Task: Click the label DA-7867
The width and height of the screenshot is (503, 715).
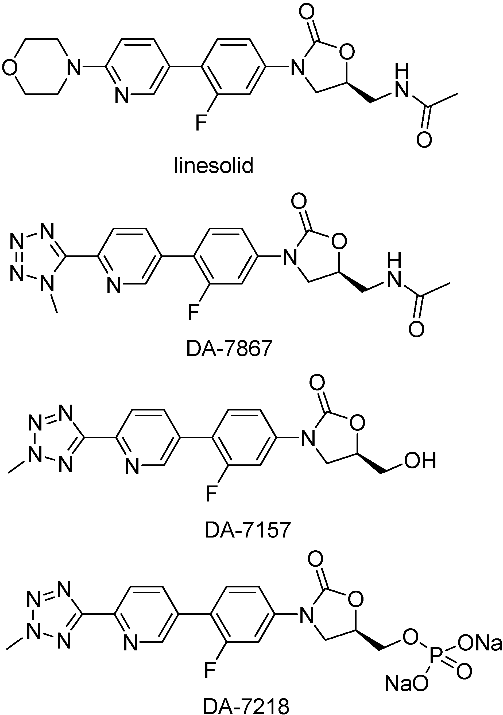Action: pos(230,349)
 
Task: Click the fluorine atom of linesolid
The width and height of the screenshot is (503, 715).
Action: pos(201,123)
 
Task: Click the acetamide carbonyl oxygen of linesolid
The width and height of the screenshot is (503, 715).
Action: pos(424,140)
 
